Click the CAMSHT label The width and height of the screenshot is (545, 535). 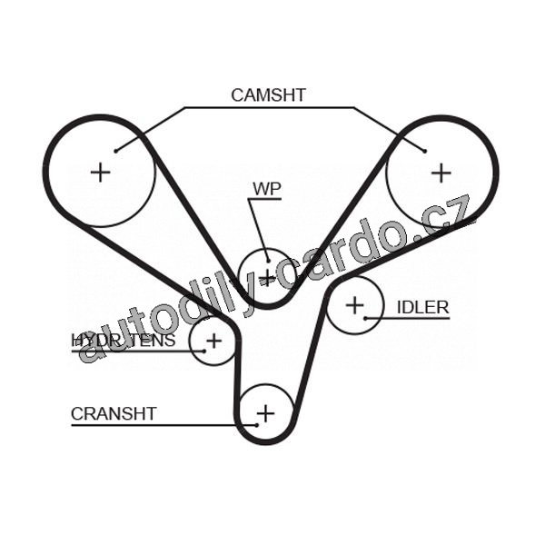pyautogui.click(x=268, y=94)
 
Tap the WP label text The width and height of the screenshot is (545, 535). pyautogui.click(x=266, y=189)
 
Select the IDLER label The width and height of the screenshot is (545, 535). pyautogui.click(x=422, y=307)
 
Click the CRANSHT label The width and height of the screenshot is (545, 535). pyautogui.click(x=114, y=413)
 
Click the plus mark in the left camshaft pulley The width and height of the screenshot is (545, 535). pyautogui.click(x=100, y=171)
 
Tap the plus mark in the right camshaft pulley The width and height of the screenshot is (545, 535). pyautogui.click(x=441, y=171)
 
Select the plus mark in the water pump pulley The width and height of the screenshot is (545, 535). pyautogui.click(x=266, y=273)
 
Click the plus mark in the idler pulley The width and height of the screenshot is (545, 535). pyautogui.click(x=353, y=305)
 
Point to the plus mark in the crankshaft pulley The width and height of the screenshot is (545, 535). pyautogui.click(x=264, y=414)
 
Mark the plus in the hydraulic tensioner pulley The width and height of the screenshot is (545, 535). pyautogui.click(x=213, y=341)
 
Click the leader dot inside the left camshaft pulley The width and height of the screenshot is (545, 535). pyautogui.click(x=116, y=151)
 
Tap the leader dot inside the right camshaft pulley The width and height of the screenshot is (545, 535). pyautogui.click(x=424, y=151)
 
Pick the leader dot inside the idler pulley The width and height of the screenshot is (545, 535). pyautogui.click(x=365, y=318)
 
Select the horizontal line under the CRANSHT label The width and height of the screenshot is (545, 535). pyautogui.click(x=154, y=425)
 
